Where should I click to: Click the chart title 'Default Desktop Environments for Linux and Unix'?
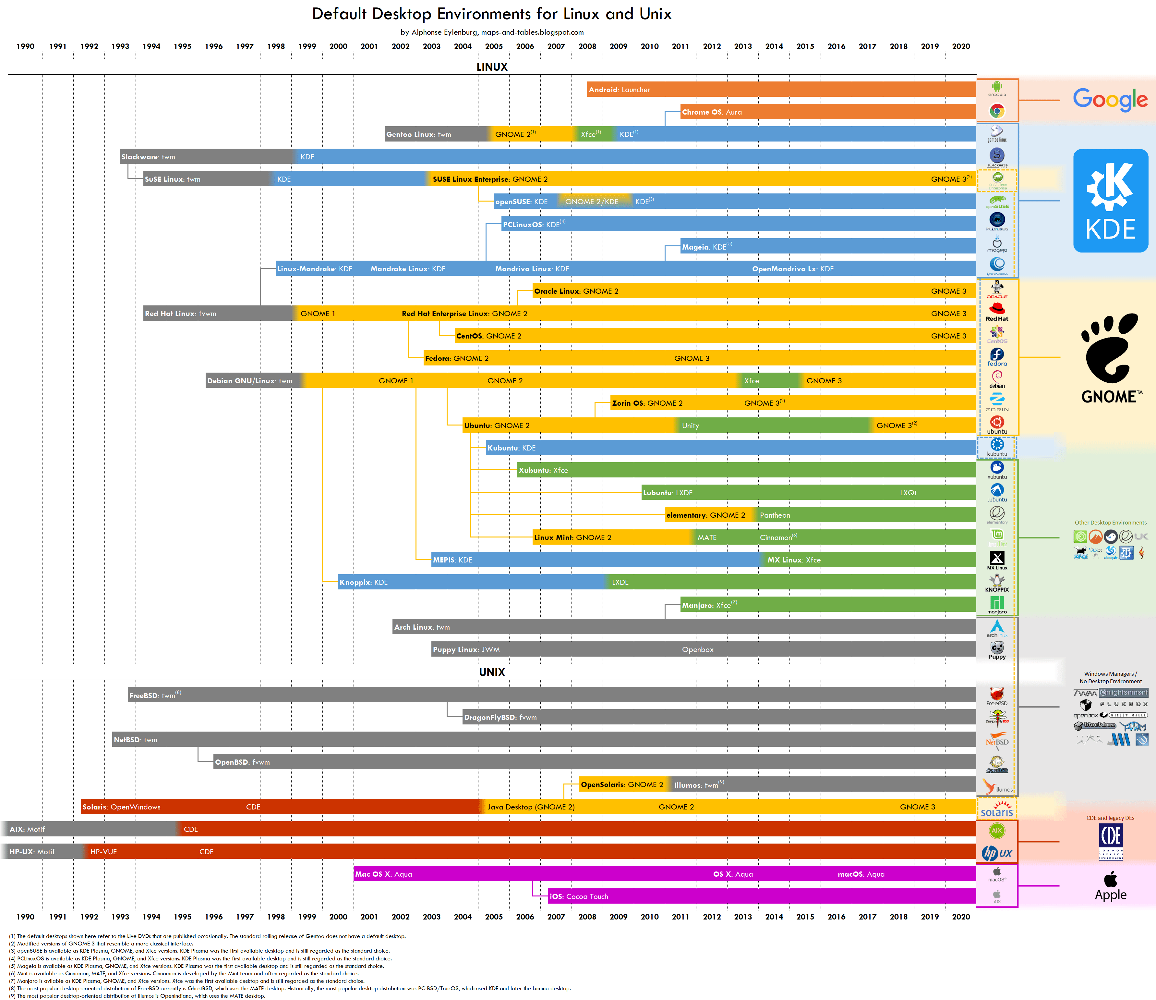(x=491, y=14)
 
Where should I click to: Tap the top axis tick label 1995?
(x=182, y=46)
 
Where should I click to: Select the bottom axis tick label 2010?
(x=649, y=917)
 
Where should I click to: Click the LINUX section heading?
(x=491, y=67)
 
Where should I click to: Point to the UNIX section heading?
(x=491, y=672)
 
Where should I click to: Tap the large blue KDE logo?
(x=1110, y=201)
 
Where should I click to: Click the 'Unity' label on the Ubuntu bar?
(x=690, y=426)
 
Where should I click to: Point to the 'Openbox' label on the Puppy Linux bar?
(x=697, y=650)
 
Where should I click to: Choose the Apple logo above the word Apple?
(x=1110, y=879)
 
